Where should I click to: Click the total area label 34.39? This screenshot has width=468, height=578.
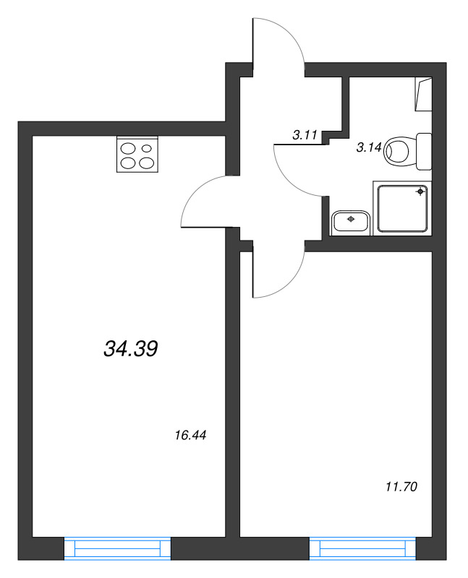tap(131, 350)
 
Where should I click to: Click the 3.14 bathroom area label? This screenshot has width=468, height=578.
tap(369, 148)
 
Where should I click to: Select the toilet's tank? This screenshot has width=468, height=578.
tap(425, 151)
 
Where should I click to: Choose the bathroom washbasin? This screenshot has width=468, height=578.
tap(352, 221)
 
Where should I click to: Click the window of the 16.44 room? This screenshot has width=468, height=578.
tap(117, 548)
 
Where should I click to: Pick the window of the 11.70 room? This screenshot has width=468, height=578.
tap(364, 548)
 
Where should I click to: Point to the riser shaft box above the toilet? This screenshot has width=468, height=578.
tap(423, 94)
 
